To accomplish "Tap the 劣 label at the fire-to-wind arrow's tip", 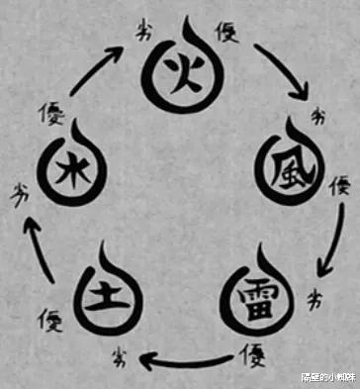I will coord(318,118).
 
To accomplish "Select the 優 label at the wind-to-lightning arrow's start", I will coord(339,184).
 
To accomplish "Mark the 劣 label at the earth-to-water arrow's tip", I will coord(21,188).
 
